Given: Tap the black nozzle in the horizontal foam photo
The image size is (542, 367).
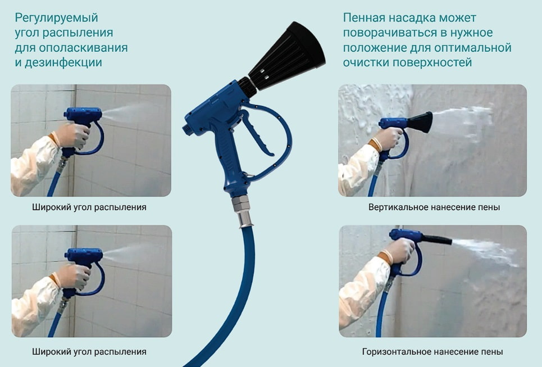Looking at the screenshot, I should pyautogui.click(x=437, y=240).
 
